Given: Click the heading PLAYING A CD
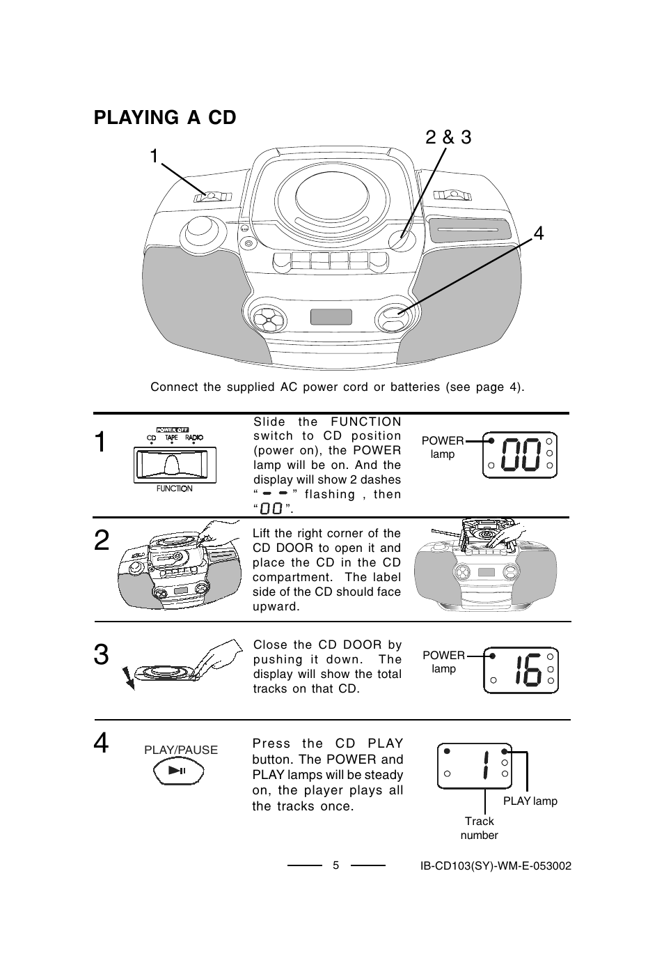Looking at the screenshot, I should pos(165,118).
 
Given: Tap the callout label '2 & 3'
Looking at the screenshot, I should pos(448,138).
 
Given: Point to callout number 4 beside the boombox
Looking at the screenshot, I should pos(537,234).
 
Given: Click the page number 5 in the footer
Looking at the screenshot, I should pos(335,865).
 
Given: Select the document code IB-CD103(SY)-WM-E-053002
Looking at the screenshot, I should pos(496,866).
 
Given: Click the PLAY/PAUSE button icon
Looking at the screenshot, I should pos(178,771).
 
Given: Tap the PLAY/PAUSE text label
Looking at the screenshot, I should pos(181,750).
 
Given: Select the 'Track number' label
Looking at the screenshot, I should pos(480,828).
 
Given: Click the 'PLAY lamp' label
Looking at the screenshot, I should pos(530,801).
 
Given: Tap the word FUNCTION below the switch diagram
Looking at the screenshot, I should pos(174,488).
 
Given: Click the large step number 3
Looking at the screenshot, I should pos(102,656).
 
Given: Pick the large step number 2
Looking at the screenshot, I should pos(102,540).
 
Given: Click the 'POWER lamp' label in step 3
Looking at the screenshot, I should pos(443,662).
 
